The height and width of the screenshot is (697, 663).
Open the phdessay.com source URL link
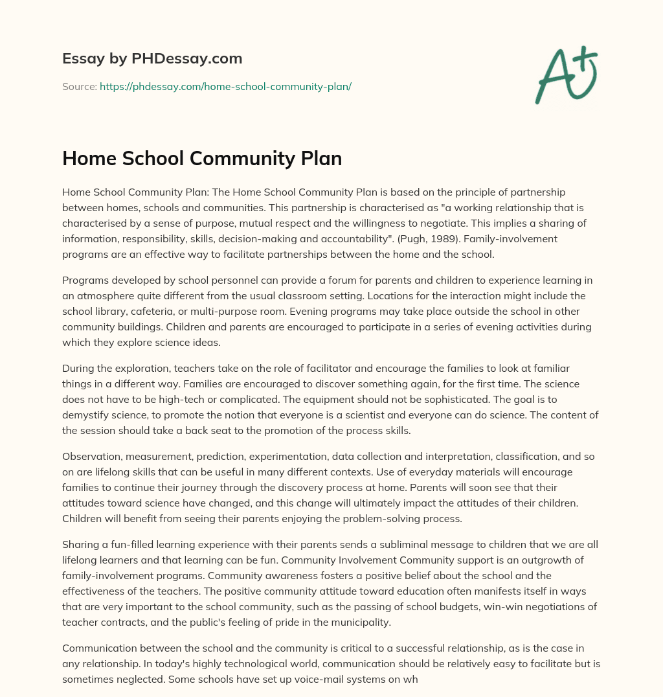225,86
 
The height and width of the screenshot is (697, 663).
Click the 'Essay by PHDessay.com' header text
152,59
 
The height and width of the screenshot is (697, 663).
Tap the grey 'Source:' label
79,86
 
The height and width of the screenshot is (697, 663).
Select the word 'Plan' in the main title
318,158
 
